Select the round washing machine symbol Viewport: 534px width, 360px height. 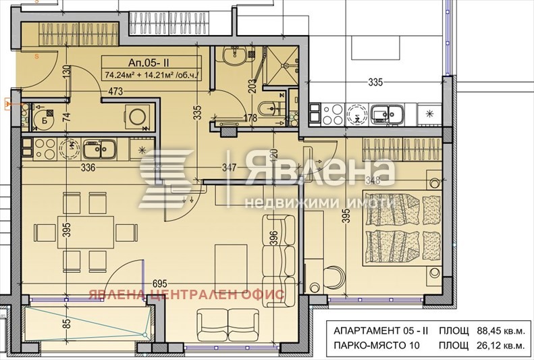click(141, 116)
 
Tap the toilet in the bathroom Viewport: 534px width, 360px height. click(267, 107)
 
